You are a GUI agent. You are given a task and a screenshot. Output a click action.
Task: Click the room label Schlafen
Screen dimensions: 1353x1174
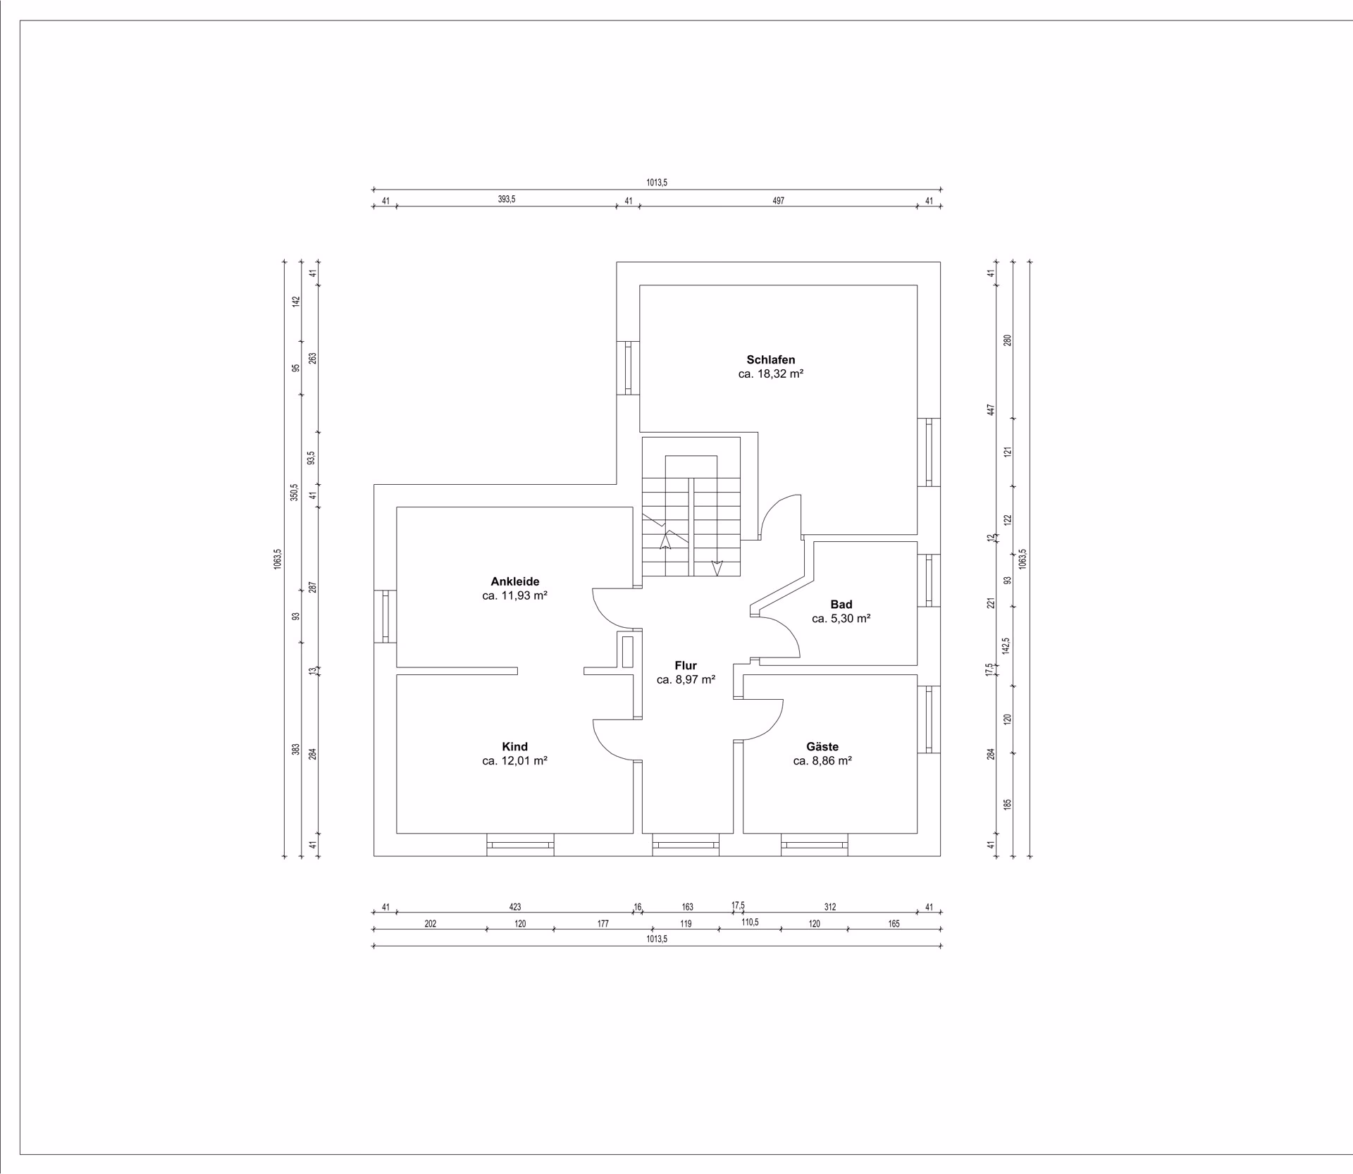coord(771,359)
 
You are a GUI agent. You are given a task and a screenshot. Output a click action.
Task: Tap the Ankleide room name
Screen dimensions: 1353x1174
coord(515,581)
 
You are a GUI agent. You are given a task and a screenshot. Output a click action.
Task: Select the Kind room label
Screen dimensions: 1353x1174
coord(514,746)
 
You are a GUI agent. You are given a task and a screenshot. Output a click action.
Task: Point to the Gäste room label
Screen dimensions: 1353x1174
coord(822,746)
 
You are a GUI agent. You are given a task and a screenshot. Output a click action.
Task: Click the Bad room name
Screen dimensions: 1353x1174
coord(841,604)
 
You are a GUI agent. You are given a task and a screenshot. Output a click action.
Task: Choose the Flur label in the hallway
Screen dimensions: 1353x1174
coord(686,665)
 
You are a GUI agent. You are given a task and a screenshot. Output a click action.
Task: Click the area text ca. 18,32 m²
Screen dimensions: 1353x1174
coord(771,374)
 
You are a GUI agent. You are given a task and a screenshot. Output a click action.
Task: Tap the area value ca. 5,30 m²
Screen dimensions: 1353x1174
coord(841,619)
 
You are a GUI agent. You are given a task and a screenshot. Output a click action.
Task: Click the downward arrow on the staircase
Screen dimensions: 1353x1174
coord(717,568)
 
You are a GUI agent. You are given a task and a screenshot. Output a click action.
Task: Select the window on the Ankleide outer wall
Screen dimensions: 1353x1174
coord(385,616)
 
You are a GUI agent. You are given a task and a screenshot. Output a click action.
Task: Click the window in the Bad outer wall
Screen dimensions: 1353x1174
coord(929,580)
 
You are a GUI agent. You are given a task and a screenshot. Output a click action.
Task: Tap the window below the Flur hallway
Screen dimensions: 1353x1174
coord(686,845)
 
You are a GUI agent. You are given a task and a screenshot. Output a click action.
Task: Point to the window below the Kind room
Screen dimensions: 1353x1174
coord(520,845)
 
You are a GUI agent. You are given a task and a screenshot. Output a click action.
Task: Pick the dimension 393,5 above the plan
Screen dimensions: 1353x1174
coord(507,199)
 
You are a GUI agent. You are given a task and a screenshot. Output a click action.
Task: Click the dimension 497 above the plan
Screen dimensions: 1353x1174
coord(778,201)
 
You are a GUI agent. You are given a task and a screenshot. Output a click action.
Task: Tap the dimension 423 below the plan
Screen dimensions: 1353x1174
coord(515,907)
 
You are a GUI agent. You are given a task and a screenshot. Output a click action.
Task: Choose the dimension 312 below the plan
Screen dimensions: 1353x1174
coord(830,907)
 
